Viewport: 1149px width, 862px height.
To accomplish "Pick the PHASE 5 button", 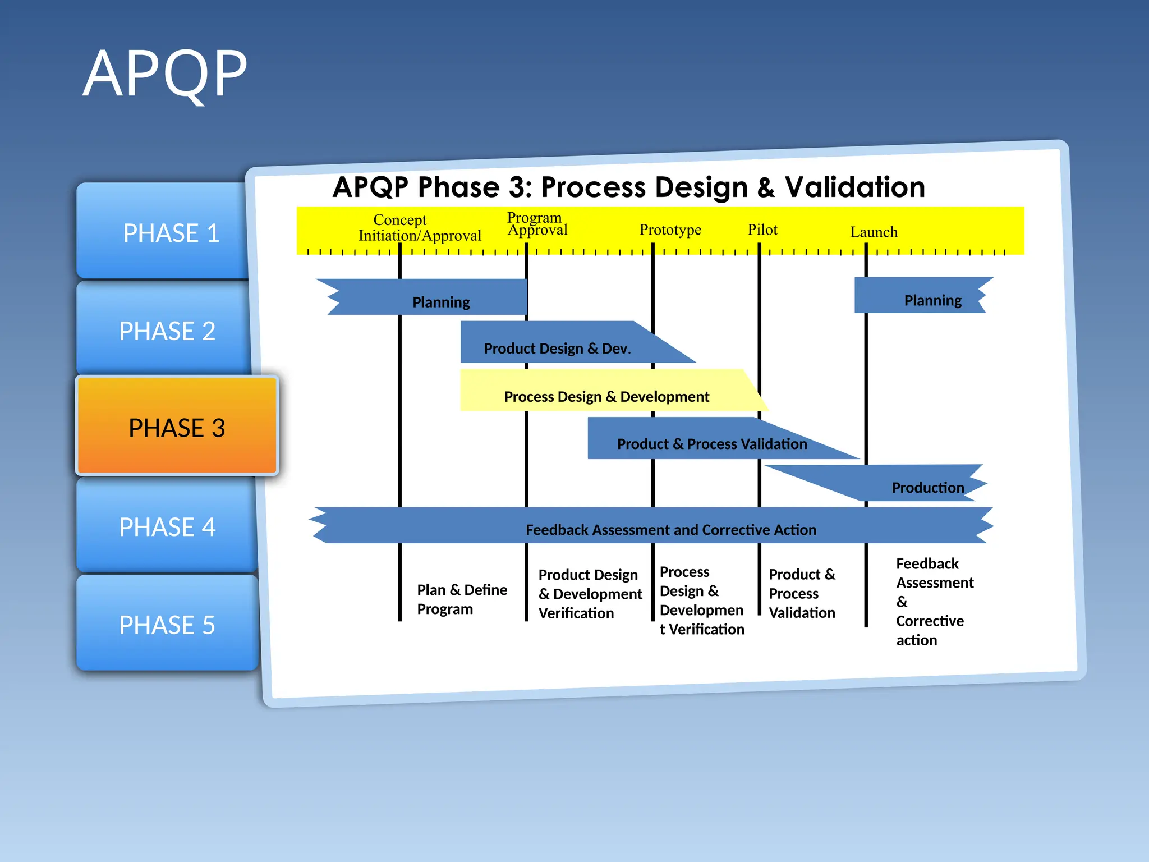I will (167, 625).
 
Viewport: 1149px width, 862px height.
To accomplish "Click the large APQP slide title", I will (165, 74).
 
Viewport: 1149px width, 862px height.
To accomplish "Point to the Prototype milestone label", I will (670, 230).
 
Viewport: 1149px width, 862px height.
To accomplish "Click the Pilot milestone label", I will (762, 230).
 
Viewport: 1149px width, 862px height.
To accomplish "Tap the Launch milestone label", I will (873, 232).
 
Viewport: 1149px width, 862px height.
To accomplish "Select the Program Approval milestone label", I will (536, 224).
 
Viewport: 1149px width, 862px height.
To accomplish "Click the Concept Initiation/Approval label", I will (419, 228).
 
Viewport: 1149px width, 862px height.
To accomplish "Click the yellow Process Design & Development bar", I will (606, 396).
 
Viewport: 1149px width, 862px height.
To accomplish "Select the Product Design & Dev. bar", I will (557, 348).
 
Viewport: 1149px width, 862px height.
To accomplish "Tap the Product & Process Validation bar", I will (711, 443).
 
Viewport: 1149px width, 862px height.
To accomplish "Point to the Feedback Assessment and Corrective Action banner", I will (670, 529).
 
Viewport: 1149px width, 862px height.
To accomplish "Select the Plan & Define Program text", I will (461, 599).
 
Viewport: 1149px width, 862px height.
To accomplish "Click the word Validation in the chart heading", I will (854, 187).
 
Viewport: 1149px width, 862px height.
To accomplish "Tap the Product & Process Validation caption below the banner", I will (801, 593).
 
